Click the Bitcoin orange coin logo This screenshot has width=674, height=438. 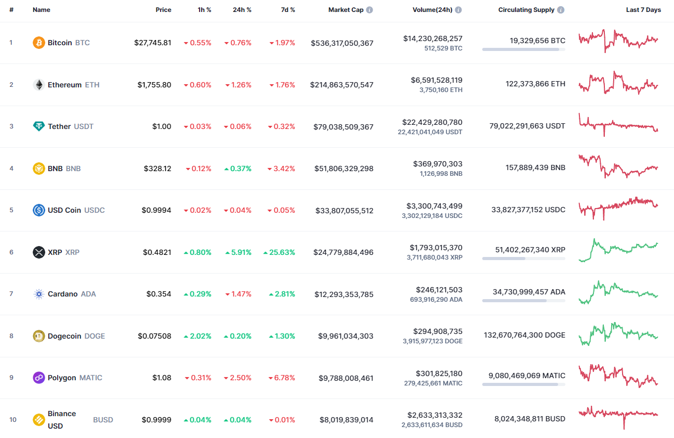39,43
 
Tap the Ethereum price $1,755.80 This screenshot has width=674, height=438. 154,85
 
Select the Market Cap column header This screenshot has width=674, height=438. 346,10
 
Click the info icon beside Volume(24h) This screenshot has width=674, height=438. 458,10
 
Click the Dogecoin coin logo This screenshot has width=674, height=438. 39,336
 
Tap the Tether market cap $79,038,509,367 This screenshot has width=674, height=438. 343,126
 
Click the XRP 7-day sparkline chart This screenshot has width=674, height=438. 618,249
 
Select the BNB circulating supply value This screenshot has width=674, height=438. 535,168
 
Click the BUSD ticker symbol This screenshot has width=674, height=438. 103,420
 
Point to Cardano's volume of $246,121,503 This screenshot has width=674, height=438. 439,290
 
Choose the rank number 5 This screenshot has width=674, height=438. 11,210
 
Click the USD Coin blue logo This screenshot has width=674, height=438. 39,210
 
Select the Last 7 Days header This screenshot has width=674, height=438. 643,10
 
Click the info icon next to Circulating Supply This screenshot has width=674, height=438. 561,10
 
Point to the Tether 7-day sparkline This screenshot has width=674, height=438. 618,125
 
